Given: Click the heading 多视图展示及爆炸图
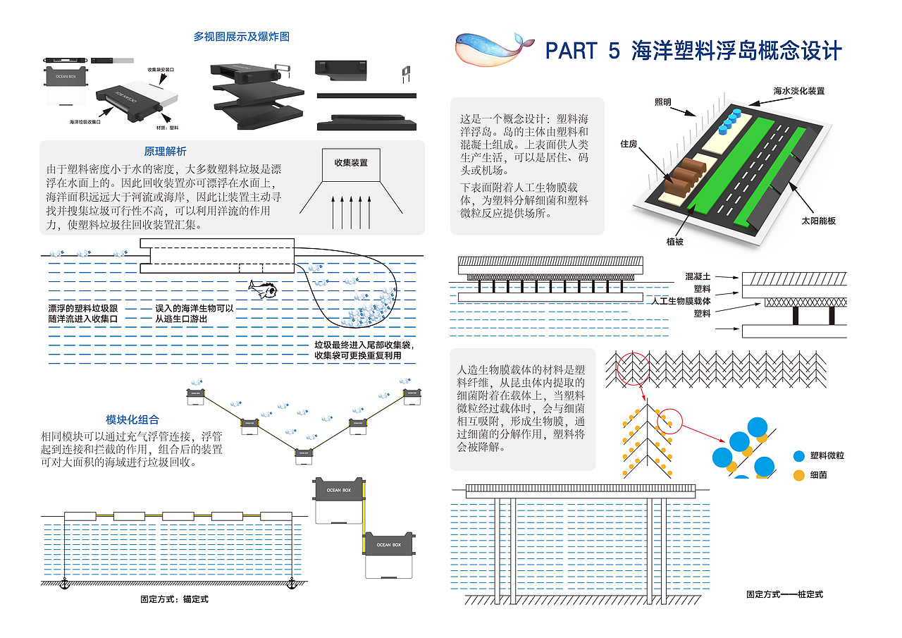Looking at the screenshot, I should pos(242,37).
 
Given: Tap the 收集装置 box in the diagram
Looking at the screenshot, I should pos(350,163).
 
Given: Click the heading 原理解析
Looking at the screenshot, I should pos(166,152).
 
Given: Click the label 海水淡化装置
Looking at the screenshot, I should pos(798,91).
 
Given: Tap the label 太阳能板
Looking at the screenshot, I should pos(817,221).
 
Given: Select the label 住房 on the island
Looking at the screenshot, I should pos(629,144).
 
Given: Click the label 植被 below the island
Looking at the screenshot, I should pos(676,242).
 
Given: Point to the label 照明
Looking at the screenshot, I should pos(663,102).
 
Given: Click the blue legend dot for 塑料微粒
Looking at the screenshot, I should pos(798,456).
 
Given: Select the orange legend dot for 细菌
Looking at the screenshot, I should pos(798,475).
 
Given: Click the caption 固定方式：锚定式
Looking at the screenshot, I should pos(175,599).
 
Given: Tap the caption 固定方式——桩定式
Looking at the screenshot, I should pos(784,594).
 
